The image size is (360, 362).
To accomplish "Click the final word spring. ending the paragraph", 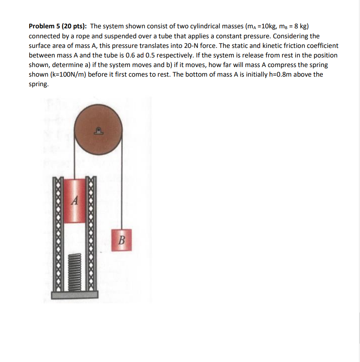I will click(39, 84).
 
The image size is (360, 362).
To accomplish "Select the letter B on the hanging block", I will click(121, 240).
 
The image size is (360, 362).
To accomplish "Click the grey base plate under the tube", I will click(74, 295).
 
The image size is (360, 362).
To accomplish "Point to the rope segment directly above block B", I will click(121, 192).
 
